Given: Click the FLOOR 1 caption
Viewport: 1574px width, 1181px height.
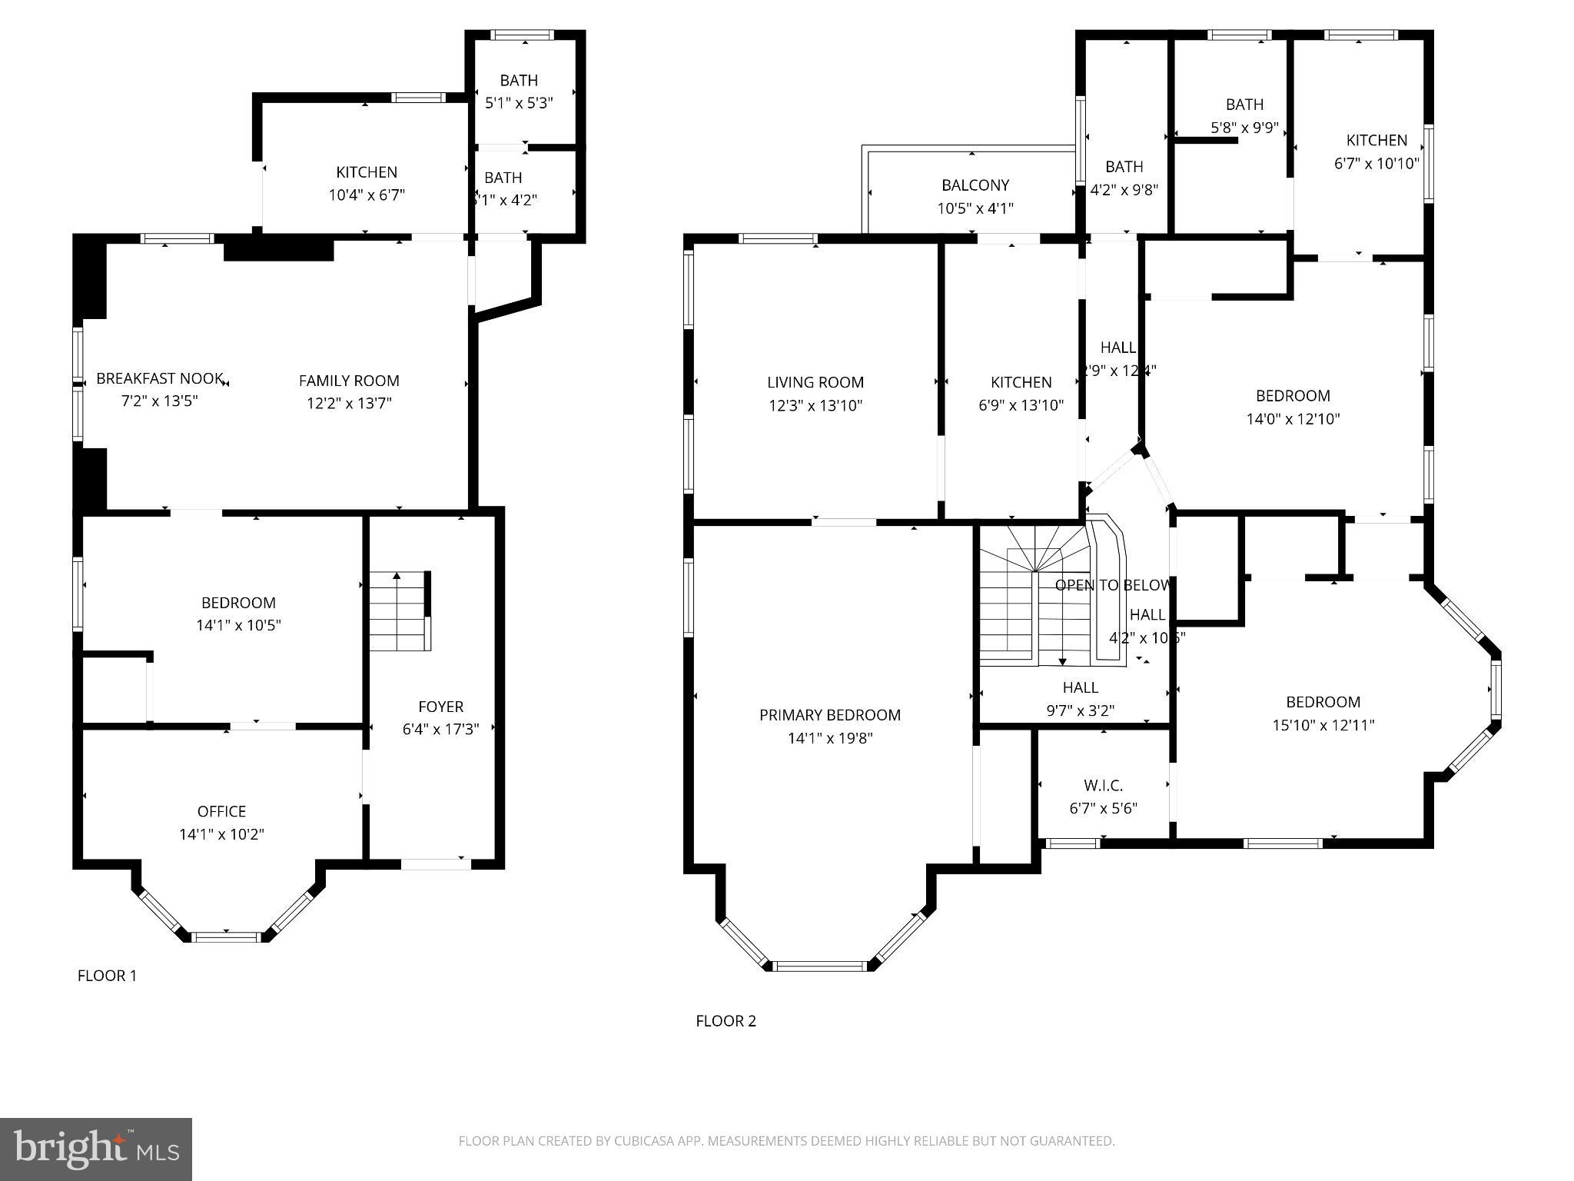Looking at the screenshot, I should [x=107, y=976].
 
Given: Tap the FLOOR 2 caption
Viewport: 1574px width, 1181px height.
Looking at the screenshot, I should [x=726, y=1021].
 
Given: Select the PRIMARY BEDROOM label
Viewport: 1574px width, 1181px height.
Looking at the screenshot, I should [x=829, y=715].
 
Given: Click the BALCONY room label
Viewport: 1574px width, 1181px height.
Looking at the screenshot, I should [x=975, y=185].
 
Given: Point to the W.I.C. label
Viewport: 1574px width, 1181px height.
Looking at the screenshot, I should [x=1103, y=786].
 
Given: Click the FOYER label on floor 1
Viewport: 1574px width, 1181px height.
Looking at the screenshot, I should [x=440, y=707].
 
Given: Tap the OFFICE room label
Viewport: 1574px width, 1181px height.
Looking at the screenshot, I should [x=221, y=811].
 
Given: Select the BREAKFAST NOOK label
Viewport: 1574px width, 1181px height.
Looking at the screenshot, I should [x=160, y=379].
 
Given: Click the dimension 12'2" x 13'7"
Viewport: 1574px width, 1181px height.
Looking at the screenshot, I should [x=349, y=403].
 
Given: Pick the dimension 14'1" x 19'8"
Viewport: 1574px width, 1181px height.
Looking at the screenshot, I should [x=830, y=739].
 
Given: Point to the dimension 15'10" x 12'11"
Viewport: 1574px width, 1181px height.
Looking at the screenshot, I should [x=1323, y=725].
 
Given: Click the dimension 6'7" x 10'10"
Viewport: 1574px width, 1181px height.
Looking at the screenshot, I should [x=1376, y=164].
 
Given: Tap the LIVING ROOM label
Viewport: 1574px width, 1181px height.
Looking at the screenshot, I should [x=815, y=382].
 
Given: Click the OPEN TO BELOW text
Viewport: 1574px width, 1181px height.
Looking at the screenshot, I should [x=1112, y=585].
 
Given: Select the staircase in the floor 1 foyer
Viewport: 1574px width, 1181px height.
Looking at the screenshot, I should [x=397, y=611].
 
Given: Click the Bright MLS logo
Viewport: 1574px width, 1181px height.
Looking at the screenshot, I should [x=95, y=1149].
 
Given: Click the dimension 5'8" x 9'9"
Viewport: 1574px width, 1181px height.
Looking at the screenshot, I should [x=1244, y=128].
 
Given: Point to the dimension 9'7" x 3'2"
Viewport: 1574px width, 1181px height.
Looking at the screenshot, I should [x=1080, y=711].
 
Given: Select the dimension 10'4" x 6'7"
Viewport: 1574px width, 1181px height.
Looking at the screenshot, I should [x=367, y=195].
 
